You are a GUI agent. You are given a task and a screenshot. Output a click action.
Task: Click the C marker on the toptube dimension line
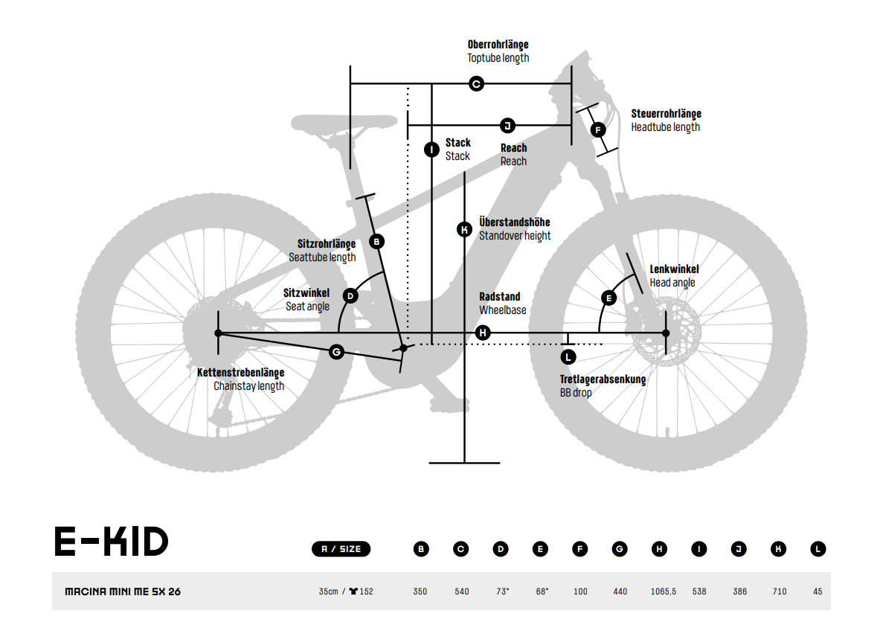pyautogui.click(x=476, y=84)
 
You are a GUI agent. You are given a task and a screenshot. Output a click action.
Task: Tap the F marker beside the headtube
pyautogui.click(x=598, y=129)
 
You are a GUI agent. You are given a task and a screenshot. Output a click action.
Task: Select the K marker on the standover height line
pyautogui.click(x=465, y=229)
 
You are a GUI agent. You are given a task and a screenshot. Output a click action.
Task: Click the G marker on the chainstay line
pyautogui.click(x=336, y=352)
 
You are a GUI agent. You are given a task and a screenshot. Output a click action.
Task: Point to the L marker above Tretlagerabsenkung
pyautogui.click(x=568, y=356)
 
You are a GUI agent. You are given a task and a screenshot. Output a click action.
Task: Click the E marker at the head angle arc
pyautogui.click(x=609, y=298)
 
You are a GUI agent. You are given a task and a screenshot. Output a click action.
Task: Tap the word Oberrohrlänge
pyautogui.click(x=498, y=45)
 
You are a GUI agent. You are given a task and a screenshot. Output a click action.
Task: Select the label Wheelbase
pyautogui.click(x=502, y=310)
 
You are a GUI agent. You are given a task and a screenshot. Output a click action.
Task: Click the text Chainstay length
pyautogui.click(x=248, y=386)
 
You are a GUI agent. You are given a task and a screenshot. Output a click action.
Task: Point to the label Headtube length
pyautogui.click(x=665, y=127)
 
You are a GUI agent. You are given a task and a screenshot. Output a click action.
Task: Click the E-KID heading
pyautogui.click(x=111, y=542)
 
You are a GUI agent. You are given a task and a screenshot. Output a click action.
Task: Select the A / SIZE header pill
pyautogui.click(x=341, y=549)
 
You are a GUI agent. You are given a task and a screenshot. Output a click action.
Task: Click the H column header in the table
pyautogui.click(x=659, y=549)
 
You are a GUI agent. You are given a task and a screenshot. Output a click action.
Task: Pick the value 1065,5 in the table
pyautogui.click(x=664, y=591)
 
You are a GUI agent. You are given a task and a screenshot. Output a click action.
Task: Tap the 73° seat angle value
pyautogui.click(x=502, y=591)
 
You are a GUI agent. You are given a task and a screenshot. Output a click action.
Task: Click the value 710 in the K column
pyautogui.click(x=780, y=591)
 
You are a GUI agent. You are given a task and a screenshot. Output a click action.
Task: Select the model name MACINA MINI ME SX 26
pyautogui.click(x=123, y=591)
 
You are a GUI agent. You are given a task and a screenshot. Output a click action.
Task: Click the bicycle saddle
pyautogui.click(x=344, y=122)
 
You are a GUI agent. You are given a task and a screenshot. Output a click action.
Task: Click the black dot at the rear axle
pyautogui.click(x=219, y=333)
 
